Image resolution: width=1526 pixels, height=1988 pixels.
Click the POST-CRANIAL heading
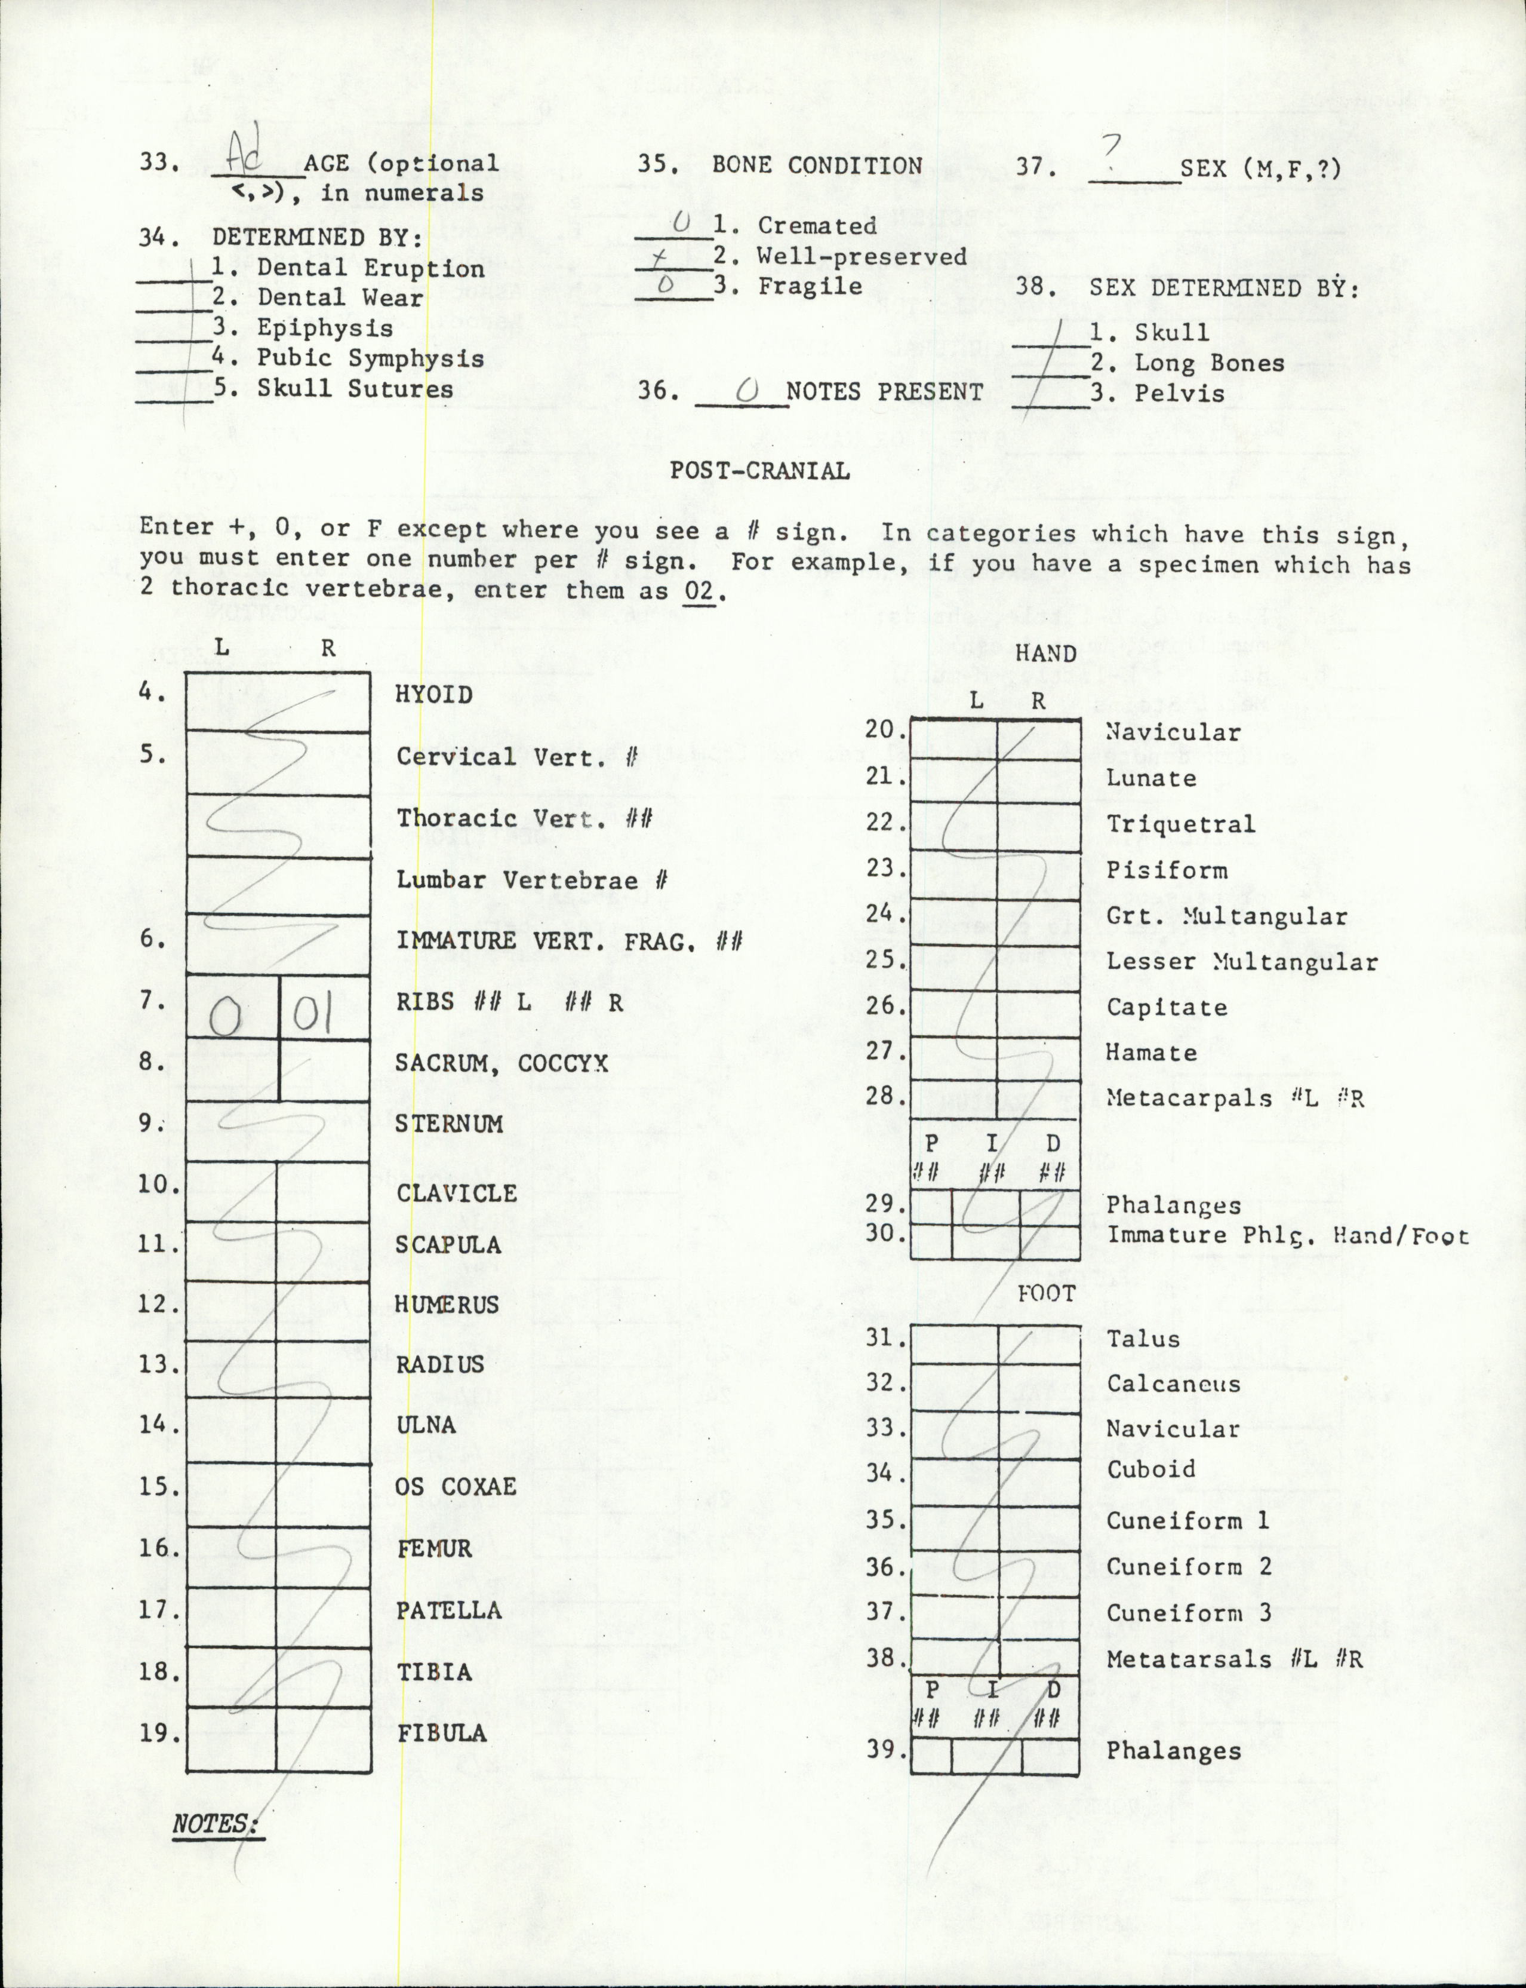[x=759, y=471]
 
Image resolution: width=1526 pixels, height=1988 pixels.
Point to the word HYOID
[x=434, y=695]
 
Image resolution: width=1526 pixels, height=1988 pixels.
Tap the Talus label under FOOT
[x=1143, y=1338]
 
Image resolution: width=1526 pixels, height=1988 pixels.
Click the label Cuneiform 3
[x=1188, y=1613]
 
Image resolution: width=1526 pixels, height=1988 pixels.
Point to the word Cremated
[x=817, y=225]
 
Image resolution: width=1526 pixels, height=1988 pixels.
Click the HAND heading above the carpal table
[x=1045, y=654]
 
